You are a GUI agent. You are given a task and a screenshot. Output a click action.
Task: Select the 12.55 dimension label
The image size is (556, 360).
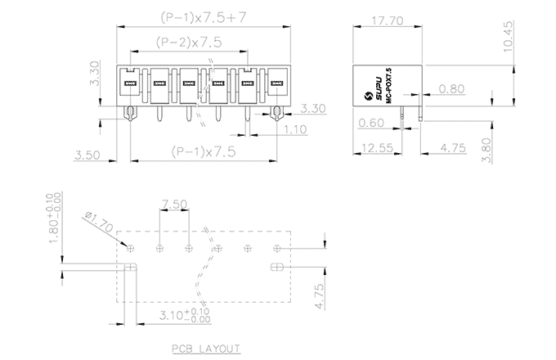coord(373,148)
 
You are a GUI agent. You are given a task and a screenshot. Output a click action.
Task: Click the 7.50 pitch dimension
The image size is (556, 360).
coord(173,203)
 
